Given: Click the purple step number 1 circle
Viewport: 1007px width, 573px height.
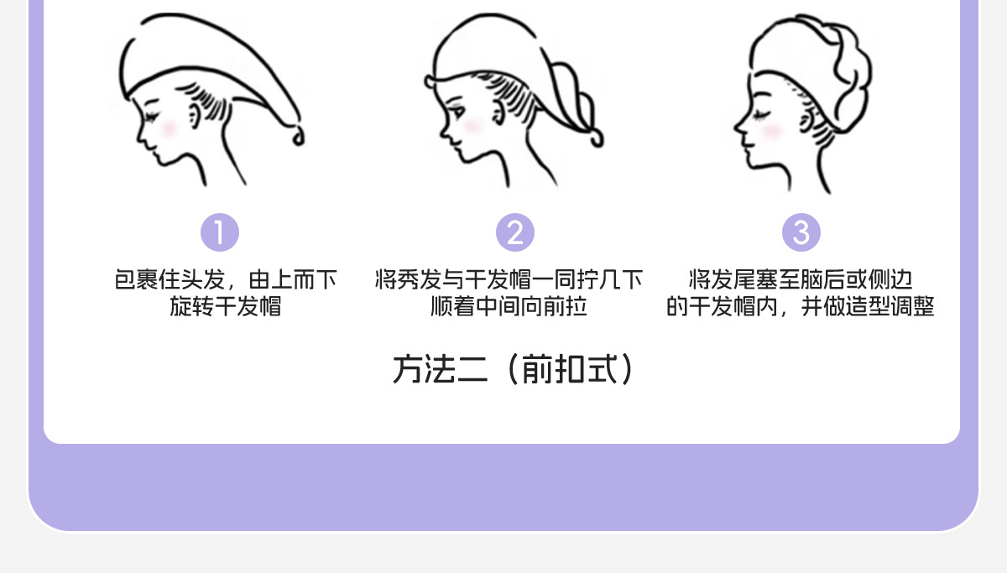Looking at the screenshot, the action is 220,232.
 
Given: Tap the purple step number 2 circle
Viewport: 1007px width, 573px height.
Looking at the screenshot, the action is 515,232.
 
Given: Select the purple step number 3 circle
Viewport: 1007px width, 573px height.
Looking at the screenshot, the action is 801,232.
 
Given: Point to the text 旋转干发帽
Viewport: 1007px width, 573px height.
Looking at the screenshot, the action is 226,306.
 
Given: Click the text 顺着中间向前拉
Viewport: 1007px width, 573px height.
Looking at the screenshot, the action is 509,306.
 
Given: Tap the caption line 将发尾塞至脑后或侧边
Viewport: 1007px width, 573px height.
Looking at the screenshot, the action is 801,279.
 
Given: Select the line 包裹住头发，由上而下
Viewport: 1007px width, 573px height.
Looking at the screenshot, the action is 226,279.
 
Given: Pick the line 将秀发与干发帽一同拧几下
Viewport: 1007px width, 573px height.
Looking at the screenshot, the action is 509,279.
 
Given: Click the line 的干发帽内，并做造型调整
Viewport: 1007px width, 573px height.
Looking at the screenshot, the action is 801,306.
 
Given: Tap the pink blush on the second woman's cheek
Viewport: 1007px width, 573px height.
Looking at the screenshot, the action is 472,126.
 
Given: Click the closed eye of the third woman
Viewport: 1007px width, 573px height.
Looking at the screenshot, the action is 759,112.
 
